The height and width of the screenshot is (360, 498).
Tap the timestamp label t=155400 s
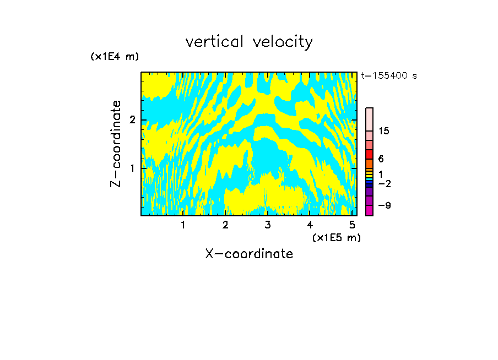click(x=388, y=76)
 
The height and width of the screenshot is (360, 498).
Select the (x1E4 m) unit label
click(x=115, y=57)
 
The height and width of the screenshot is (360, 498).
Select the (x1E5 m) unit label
click(x=336, y=237)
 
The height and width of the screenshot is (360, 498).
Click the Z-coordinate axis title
click(x=116, y=144)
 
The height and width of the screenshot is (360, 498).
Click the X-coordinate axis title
click(x=249, y=254)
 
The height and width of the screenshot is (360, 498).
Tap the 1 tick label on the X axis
click(x=183, y=225)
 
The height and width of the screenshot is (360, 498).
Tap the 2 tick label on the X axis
click(x=225, y=225)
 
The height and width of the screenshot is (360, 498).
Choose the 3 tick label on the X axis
click(x=267, y=225)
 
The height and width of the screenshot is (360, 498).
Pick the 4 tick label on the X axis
click(x=310, y=225)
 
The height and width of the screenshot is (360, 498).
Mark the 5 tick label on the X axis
click(x=352, y=225)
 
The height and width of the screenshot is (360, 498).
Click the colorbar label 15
click(x=384, y=131)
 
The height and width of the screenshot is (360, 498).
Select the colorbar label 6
click(x=381, y=159)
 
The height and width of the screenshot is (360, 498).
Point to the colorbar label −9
click(x=384, y=205)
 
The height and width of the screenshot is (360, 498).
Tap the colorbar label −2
click(x=384, y=183)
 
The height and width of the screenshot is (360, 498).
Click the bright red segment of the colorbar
click(x=369, y=154)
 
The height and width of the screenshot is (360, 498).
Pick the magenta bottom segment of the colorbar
click(x=369, y=210)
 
